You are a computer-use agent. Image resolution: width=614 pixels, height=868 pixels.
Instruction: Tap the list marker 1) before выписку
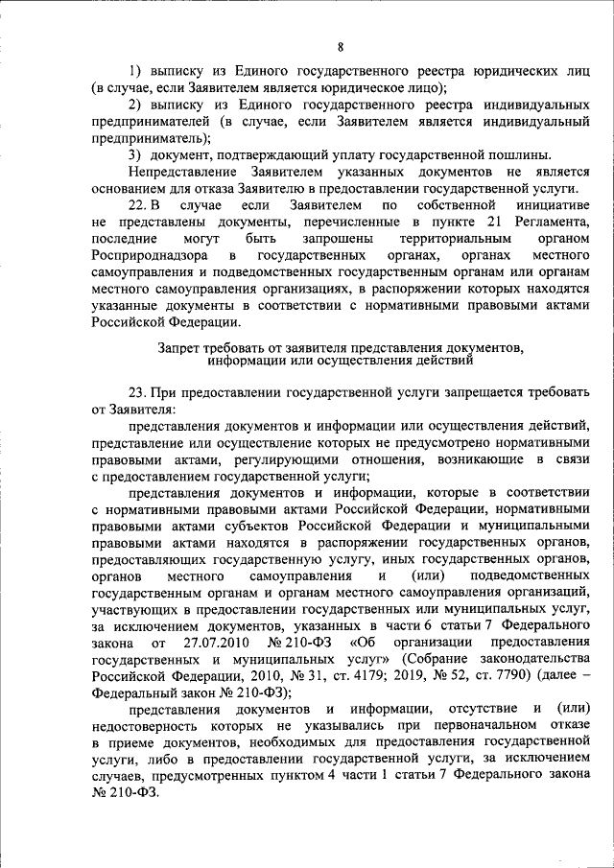[x=136, y=71]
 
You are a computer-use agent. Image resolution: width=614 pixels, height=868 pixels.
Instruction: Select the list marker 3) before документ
[x=136, y=155]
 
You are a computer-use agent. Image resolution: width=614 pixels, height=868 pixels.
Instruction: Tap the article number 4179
[x=355, y=675]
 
